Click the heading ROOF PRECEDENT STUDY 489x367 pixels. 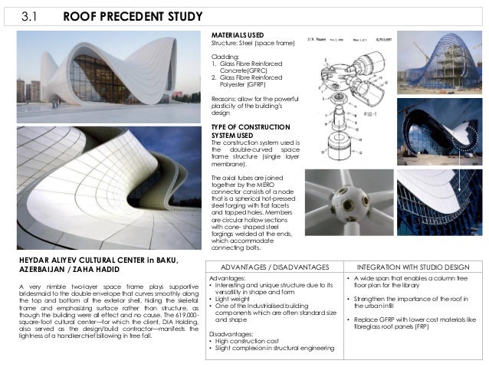(x=132, y=16)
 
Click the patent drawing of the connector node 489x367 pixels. (x=349, y=96)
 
